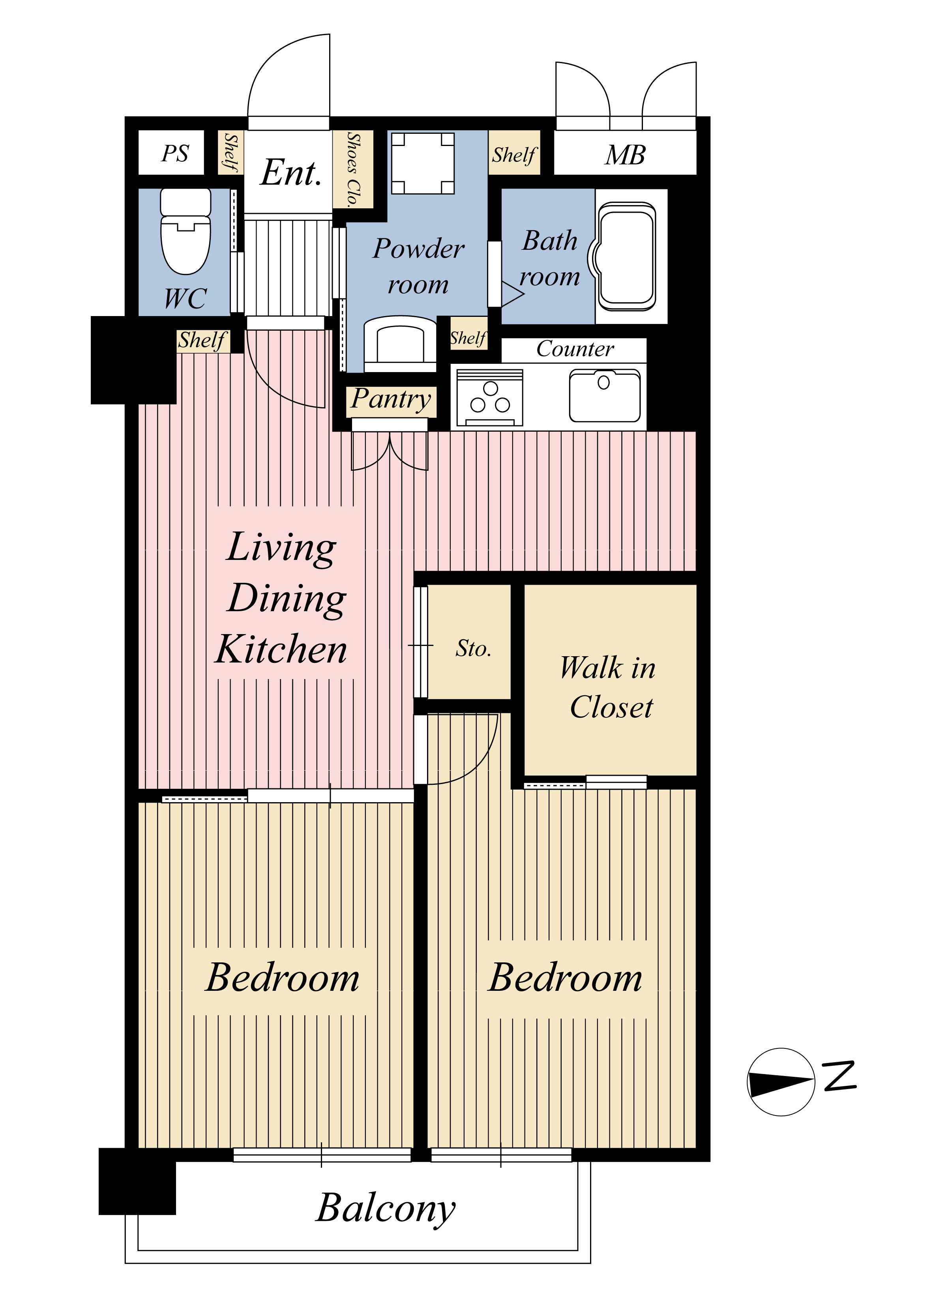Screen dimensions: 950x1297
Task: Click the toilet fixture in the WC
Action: (x=185, y=231)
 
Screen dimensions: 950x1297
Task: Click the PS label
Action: (x=175, y=153)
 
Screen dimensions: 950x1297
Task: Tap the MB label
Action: (x=625, y=155)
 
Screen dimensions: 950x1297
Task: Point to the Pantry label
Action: (x=391, y=399)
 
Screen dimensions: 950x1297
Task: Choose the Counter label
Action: (x=575, y=349)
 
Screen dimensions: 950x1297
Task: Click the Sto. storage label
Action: (x=473, y=649)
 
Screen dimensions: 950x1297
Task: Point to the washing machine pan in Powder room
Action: (x=423, y=163)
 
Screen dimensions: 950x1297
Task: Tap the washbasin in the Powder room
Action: (x=400, y=344)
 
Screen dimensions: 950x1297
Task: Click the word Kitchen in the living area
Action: (x=281, y=649)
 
